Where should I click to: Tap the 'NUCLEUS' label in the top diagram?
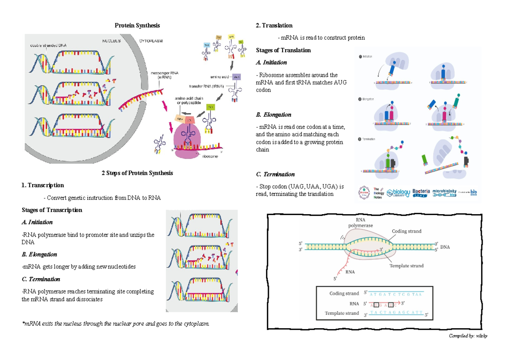click(111, 41)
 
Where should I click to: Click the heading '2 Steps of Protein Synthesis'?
click(137, 173)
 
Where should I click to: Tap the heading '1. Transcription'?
click(43, 185)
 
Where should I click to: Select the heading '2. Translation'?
click(274, 25)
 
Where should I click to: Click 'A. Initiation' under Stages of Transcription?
click(37, 222)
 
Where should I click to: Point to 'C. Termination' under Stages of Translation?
click(275, 174)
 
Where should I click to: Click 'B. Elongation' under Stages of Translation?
click(274, 115)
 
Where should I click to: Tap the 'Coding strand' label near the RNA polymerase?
click(406, 231)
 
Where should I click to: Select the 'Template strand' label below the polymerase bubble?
click(406, 266)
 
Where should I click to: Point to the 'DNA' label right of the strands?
click(445, 247)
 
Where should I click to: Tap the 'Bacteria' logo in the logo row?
click(421, 193)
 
